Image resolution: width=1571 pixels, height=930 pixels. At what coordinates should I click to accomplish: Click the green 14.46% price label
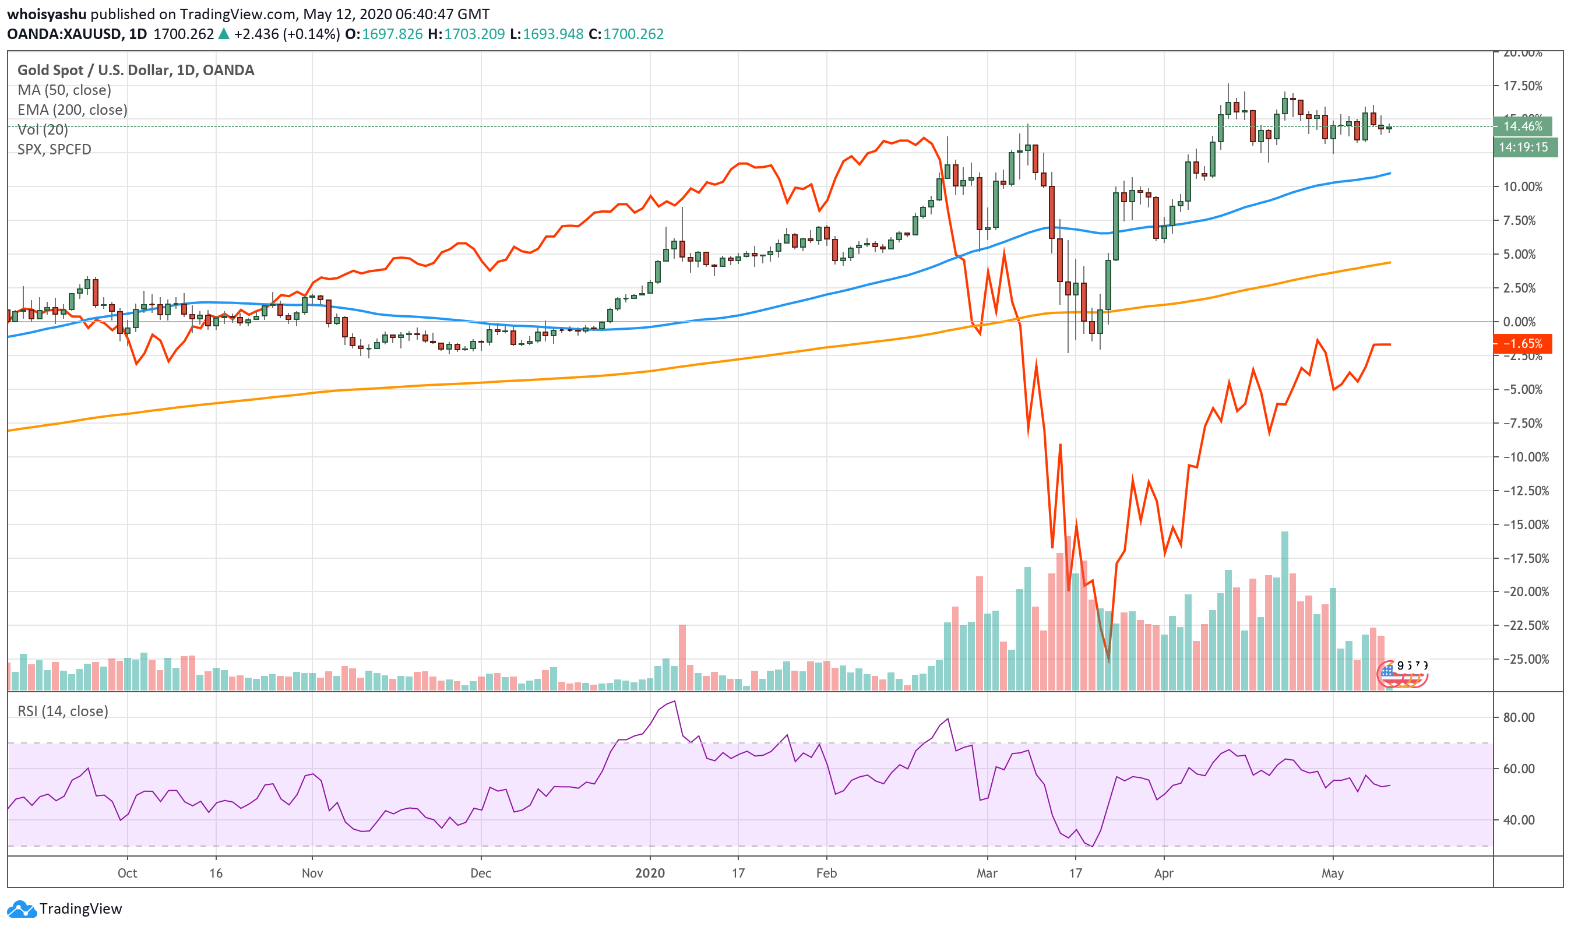1522,126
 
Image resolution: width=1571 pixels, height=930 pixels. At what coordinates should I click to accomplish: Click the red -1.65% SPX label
1522,343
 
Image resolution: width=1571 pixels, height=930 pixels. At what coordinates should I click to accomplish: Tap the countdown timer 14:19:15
1523,147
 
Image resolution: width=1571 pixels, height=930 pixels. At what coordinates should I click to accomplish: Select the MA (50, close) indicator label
64,90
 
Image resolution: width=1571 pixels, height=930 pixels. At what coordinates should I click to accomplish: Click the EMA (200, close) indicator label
72,110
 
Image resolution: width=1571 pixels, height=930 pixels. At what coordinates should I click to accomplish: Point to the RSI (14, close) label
63,711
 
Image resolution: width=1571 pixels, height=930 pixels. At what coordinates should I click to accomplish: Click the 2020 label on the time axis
650,872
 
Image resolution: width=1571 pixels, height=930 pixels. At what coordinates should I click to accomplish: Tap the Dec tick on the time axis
481,872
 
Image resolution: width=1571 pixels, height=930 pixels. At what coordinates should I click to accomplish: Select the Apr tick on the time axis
1164,872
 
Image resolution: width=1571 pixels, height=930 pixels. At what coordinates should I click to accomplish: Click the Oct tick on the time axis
127,872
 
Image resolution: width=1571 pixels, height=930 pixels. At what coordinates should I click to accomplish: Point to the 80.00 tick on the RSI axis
1519,717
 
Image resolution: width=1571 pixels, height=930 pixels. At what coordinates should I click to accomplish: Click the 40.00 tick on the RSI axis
1519,820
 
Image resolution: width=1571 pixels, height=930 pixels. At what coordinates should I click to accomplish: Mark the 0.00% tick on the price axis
1519,322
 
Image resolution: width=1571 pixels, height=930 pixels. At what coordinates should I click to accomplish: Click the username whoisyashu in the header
47,14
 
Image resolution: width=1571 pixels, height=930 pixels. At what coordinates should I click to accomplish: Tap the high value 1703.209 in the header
474,34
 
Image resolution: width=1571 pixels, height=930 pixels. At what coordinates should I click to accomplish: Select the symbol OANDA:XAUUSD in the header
64,34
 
